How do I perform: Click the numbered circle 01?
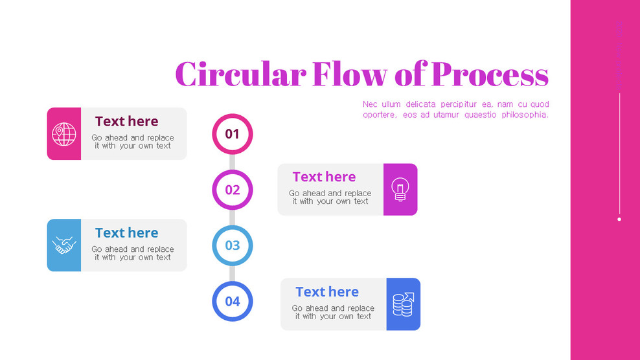pyautogui.click(x=232, y=134)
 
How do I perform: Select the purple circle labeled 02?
pyautogui.click(x=232, y=190)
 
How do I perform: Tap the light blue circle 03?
pyautogui.click(x=232, y=245)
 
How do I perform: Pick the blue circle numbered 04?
pyautogui.click(x=232, y=301)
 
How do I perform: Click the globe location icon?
pyautogui.click(x=64, y=134)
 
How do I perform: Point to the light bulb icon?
pyautogui.click(x=400, y=189)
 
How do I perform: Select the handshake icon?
pyautogui.click(x=64, y=245)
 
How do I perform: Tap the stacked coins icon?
pyautogui.click(x=403, y=304)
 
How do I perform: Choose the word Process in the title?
pyautogui.click(x=490, y=74)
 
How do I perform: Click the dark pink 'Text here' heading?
pyautogui.click(x=126, y=121)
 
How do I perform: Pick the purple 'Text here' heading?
pyautogui.click(x=324, y=177)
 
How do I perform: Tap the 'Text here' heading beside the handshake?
pyautogui.click(x=126, y=232)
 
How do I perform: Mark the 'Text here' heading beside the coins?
pyautogui.click(x=327, y=292)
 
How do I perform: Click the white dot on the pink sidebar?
pyautogui.click(x=619, y=219)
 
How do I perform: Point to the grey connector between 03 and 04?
pyautogui.click(x=232, y=273)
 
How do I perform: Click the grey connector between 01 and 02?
pyautogui.click(x=232, y=162)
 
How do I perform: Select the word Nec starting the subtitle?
pyautogui.click(x=369, y=104)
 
